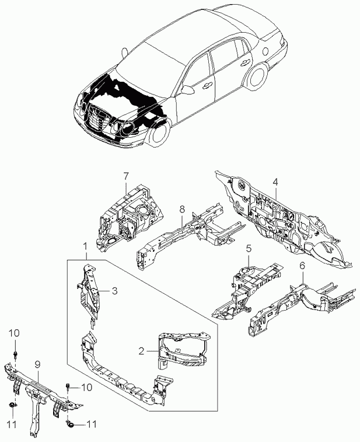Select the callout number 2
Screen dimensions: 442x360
pos(141,351)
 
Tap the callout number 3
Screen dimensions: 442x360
pos(115,291)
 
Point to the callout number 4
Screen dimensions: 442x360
pos(275,182)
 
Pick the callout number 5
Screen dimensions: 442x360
pos(248,249)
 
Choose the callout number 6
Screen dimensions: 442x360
pos(302,266)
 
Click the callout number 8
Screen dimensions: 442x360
pos(182,208)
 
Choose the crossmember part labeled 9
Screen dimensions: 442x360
pos(41,388)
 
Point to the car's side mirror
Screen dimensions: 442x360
pos(188,90)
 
